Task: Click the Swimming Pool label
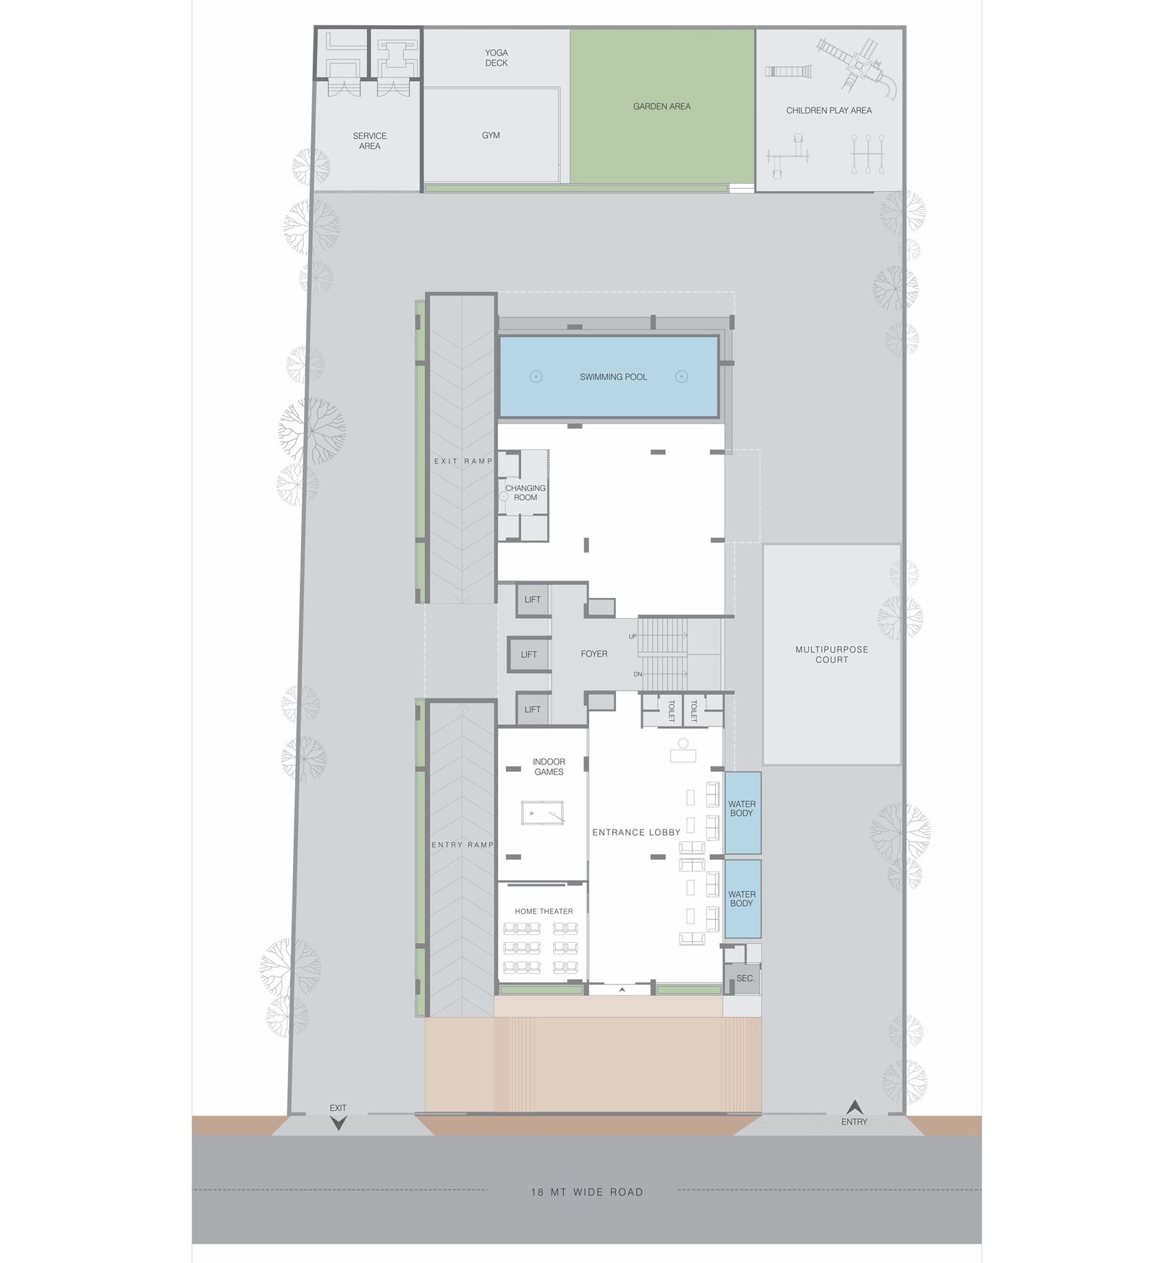click(613, 377)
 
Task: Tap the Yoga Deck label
click(496, 58)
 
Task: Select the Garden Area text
click(662, 106)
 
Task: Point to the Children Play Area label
click(829, 111)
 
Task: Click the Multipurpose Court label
click(832, 654)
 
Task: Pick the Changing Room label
click(525, 493)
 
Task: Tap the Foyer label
click(594, 654)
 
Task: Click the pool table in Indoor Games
click(542, 814)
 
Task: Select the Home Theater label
click(544, 911)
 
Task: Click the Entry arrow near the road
click(855, 1107)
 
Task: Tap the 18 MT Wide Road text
click(587, 1192)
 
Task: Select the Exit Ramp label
click(463, 461)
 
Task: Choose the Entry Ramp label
click(462, 845)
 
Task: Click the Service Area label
click(370, 141)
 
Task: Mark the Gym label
click(491, 135)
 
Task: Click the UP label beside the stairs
click(633, 637)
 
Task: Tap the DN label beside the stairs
click(638, 675)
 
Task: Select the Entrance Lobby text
click(636, 832)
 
